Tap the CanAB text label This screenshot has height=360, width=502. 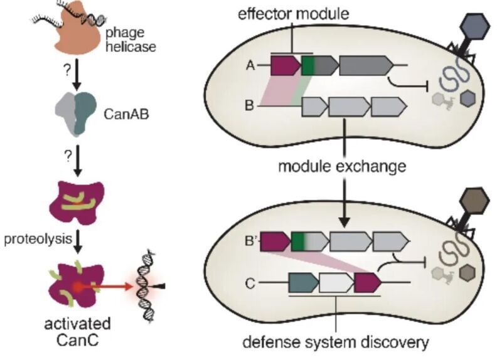[x=127, y=114]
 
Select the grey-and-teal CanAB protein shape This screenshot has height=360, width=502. [x=76, y=114]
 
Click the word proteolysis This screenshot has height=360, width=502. [x=38, y=239]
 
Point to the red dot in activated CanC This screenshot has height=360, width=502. [x=77, y=287]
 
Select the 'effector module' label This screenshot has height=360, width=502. [x=293, y=14]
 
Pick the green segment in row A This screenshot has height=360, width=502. [x=308, y=65]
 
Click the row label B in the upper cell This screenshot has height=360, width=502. [x=249, y=105]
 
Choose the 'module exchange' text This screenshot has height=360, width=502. [x=342, y=167]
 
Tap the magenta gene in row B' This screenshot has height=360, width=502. [x=275, y=241]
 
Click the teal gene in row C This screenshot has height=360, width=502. [x=304, y=283]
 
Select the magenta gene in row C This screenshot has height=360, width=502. [x=368, y=283]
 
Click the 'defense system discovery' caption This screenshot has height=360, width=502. [x=336, y=342]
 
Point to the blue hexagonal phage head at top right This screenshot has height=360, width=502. [x=475, y=26]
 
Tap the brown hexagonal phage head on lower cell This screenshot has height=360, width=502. [x=474, y=201]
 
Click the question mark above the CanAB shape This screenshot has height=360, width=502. [x=67, y=70]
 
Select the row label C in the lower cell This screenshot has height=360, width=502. [x=250, y=283]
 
